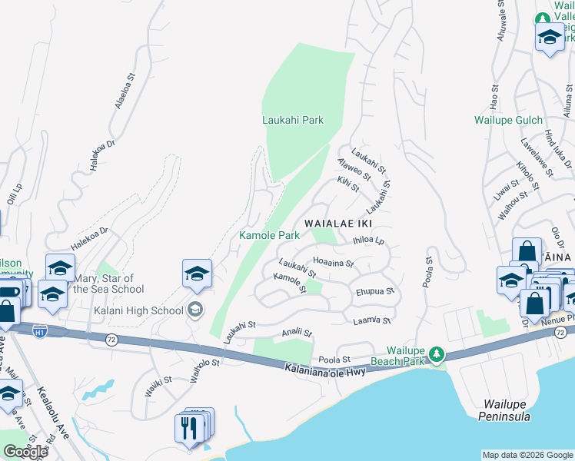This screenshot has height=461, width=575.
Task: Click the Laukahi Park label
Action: point(292,120)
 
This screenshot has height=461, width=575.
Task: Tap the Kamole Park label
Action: point(268,235)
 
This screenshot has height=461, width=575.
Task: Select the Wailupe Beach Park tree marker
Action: point(437,353)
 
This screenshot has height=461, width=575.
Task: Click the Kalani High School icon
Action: point(195,310)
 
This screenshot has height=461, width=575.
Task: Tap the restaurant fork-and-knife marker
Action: point(189,428)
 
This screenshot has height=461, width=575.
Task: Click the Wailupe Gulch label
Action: point(508,120)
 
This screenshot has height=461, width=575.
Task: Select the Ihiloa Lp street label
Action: point(368,240)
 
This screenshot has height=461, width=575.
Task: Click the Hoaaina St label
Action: point(333,262)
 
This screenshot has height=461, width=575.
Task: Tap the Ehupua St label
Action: point(375,292)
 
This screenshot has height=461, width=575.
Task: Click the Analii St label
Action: point(297,333)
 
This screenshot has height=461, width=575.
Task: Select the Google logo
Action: point(25,452)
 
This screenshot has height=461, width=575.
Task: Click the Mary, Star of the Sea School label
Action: point(108,284)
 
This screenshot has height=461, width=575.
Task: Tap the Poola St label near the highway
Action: point(334,359)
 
